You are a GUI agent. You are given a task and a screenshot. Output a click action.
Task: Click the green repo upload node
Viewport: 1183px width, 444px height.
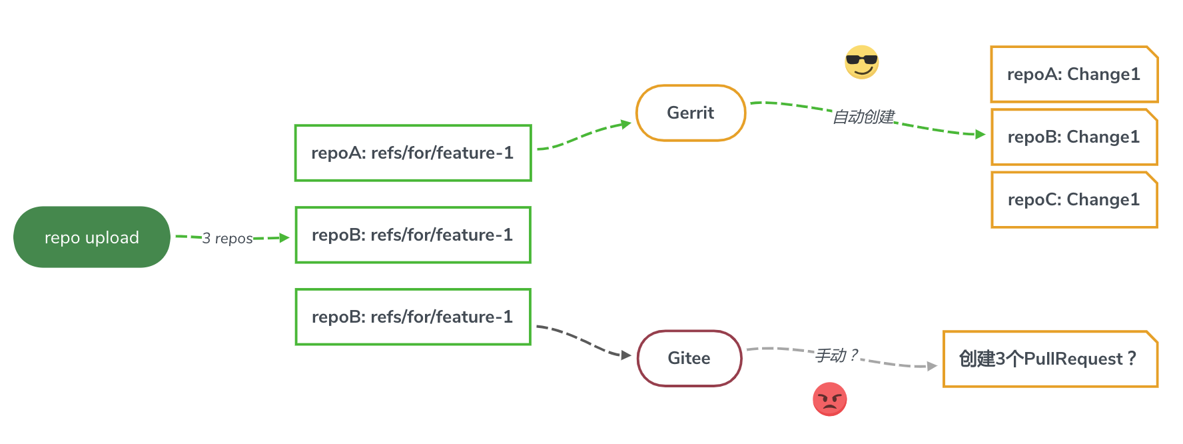coord(92,237)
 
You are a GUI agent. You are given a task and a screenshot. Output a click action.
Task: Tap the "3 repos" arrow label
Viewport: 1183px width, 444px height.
coord(227,238)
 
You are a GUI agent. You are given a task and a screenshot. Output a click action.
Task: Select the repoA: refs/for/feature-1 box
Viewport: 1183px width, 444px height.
coord(413,153)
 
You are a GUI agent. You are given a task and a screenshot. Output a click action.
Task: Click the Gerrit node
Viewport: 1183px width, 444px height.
coord(691,113)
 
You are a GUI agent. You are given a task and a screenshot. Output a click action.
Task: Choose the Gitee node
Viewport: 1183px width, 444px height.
coord(689,358)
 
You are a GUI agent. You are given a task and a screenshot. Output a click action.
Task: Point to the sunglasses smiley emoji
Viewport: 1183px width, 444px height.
coord(862,62)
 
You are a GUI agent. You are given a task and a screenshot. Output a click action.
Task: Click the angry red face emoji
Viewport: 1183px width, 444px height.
coord(830,399)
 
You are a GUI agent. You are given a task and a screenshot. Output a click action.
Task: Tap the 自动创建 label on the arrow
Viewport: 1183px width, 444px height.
coord(864,117)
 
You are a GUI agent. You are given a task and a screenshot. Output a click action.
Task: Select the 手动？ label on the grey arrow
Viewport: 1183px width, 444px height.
coord(837,355)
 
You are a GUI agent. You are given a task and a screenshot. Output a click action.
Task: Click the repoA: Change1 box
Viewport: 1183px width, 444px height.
coord(1074,74)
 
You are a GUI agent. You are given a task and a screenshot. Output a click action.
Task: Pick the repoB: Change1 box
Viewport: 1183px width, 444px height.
coord(1074,137)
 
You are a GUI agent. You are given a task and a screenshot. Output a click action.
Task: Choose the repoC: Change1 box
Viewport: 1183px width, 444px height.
coord(1074,199)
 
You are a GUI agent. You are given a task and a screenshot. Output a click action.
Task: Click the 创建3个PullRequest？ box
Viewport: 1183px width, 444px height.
coord(1050,359)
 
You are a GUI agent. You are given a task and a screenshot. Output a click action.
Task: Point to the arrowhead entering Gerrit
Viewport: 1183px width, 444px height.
coord(626,123)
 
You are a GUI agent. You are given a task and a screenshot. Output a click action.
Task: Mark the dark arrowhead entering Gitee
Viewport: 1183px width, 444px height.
coord(626,355)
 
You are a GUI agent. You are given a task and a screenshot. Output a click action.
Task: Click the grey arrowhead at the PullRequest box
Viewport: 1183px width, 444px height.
coord(933,366)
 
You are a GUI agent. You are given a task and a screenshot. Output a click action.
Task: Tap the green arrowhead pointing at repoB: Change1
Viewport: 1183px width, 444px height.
coord(981,135)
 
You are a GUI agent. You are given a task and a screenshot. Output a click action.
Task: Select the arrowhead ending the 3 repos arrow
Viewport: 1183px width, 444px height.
coord(284,237)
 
